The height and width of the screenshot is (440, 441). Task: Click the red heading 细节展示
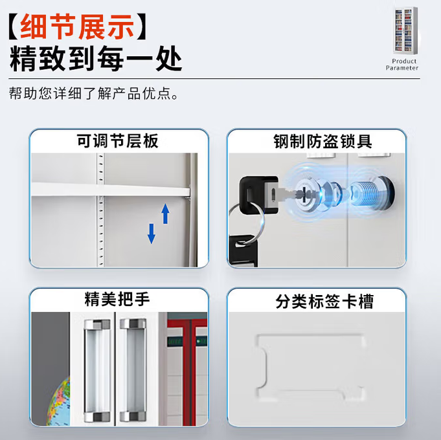click(x=78, y=27)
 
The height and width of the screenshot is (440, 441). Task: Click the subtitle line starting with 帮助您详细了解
click(x=93, y=94)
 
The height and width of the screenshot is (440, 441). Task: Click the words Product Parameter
click(x=402, y=65)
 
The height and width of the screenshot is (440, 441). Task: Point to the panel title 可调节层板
click(x=118, y=141)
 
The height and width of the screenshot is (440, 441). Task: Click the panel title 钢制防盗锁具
click(x=317, y=141)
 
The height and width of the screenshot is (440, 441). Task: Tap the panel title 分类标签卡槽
click(x=316, y=301)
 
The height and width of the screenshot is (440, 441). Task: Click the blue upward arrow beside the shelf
click(x=165, y=212)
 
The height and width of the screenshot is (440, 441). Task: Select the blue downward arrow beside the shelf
click(x=152, y=233)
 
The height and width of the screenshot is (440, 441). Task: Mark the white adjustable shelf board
click(x=110, y=188)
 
